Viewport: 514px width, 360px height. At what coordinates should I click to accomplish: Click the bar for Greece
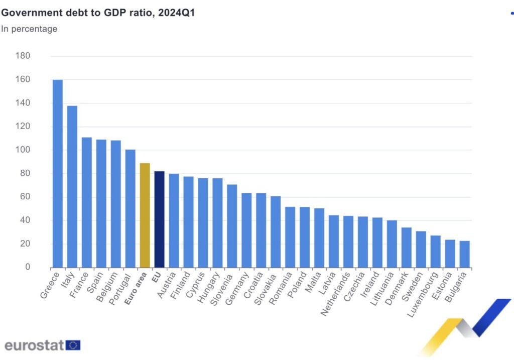tap(58, 173)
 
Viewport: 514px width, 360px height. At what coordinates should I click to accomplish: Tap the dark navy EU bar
tap(159, 219)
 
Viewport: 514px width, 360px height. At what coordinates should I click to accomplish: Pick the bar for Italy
tap(72, 186)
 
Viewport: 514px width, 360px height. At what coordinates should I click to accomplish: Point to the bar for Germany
tap(246, 230)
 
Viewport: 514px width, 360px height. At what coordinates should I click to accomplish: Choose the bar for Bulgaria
tap(465, 254)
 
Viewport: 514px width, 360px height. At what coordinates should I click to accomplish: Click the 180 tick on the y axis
tap(23, 56)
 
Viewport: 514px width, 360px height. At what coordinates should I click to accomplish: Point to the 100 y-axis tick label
tap(23, 150)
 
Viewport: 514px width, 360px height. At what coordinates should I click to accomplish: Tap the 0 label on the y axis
tap(28, 267)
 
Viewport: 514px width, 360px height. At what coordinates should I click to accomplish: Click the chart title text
tap(98, 13)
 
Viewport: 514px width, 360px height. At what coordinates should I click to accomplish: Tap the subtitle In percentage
tap(29, 29)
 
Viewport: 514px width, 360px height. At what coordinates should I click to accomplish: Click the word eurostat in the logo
tap(34, 345)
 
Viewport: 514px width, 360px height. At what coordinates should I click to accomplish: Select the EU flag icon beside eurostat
tap(73, 345)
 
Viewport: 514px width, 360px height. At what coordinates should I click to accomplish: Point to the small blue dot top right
tap(511, 14)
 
